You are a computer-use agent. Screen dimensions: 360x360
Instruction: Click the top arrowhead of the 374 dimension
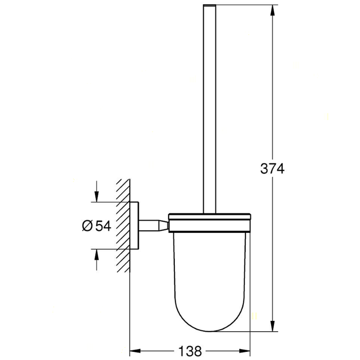[272, 9]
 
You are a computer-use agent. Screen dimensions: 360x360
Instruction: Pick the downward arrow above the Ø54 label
[96, 196]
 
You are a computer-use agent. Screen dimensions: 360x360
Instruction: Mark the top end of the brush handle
[209, 6]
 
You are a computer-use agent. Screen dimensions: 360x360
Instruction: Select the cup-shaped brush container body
[209, 267]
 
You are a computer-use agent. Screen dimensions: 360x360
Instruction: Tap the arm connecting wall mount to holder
[154, 225]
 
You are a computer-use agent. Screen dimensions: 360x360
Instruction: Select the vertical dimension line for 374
[272, 103]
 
